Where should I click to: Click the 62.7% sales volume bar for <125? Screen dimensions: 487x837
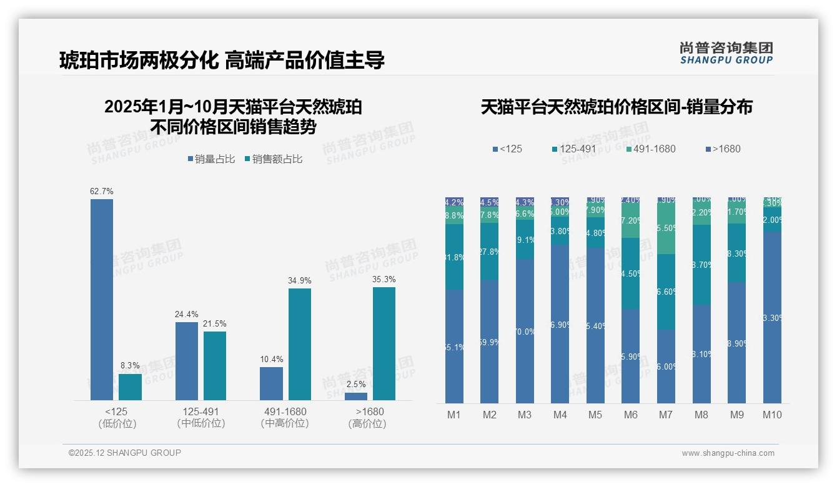(102, 300)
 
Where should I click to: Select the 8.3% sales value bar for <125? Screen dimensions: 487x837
(130, 386)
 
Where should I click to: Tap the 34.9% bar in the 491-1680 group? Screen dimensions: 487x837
(300, 344)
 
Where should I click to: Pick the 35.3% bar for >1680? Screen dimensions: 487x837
(384, 343)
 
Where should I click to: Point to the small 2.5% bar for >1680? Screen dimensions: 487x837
(356, 396)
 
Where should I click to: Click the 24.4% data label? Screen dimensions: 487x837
(186, 314)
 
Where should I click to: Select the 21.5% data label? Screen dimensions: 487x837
(215, 323)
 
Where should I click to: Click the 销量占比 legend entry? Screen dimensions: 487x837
(210, 159)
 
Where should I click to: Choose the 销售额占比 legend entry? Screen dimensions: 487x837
(274, 159)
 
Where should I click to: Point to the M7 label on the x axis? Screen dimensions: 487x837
(666, 415)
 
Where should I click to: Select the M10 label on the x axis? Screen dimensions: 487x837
(772, 415)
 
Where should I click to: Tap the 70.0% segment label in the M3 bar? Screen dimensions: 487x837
(525, 332)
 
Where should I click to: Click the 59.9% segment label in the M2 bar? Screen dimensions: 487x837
(489, 342)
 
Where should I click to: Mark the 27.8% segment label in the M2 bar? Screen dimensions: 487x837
(489, 252)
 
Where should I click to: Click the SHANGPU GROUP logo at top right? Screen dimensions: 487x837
(726, 52)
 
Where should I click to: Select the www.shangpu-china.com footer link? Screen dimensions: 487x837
(728, 453)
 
